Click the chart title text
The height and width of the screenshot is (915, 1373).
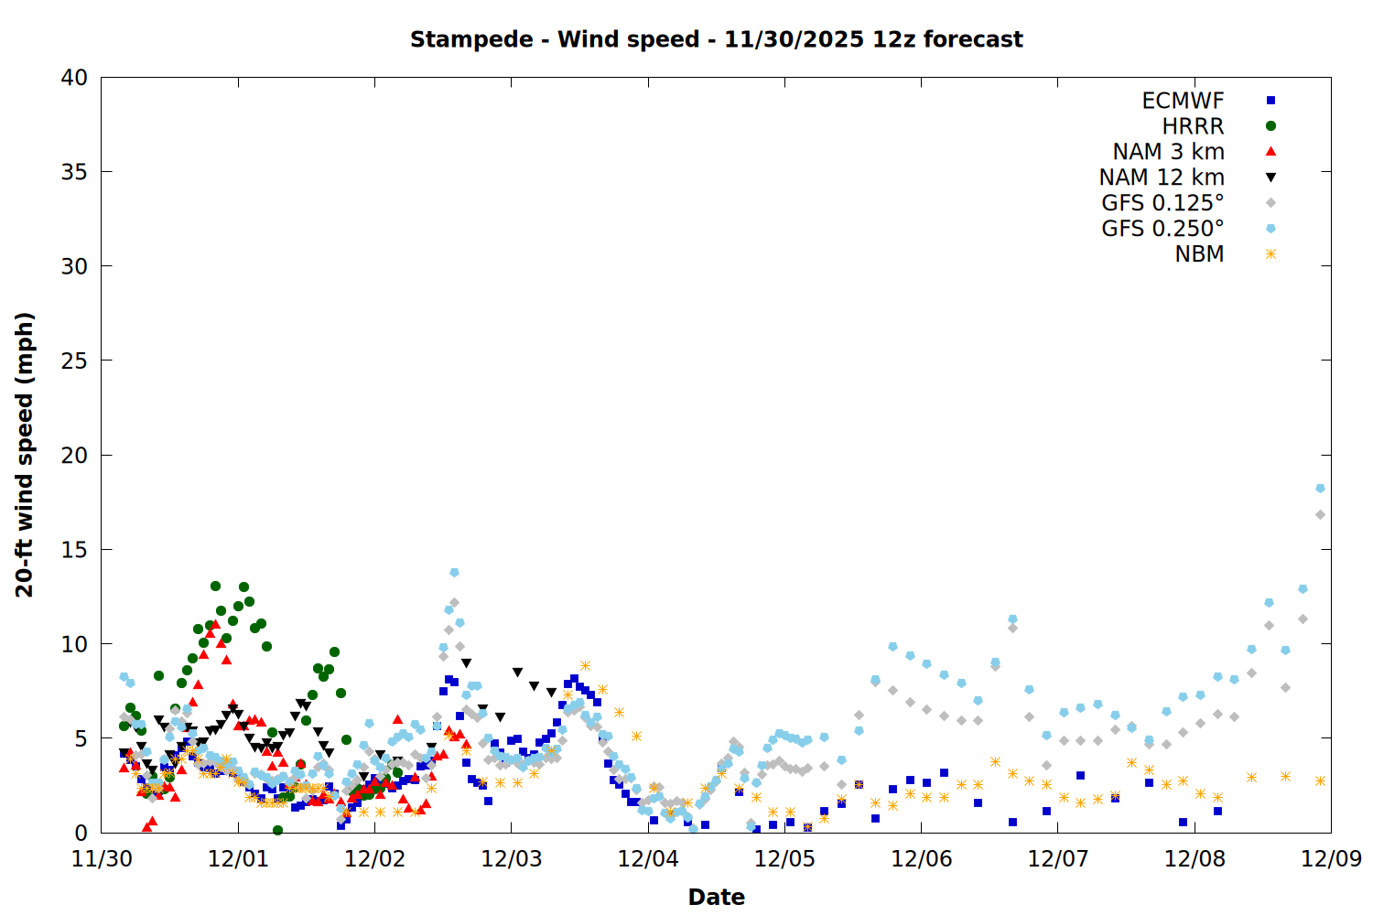[716, 39]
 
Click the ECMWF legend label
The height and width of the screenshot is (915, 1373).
[1183, 101]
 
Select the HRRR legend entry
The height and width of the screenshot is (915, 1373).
[1193, 126]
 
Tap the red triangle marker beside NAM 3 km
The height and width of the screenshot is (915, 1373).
[1270, 152]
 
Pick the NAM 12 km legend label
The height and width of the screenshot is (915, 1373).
[1162, 178]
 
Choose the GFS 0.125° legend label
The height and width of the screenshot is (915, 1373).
[1162, 203]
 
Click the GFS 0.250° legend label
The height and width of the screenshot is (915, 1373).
[1162, 229]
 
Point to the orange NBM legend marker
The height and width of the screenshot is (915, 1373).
[1270, 254]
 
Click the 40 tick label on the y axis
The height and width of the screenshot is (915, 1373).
[74, 78]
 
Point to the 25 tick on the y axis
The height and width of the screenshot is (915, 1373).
[74, 361]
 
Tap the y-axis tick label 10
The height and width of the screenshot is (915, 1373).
[74, 644]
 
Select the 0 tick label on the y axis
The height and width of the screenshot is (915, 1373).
[81, 833]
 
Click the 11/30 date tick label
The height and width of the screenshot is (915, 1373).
[101, 859]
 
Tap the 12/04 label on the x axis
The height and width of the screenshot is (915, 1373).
[648, 859]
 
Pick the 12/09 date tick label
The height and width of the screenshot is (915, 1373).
[1331, 859]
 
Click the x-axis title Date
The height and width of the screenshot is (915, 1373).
[716, 897]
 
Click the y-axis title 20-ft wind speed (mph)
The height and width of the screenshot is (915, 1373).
[25, 455]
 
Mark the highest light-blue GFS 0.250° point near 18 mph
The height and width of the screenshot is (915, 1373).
[1320, 489]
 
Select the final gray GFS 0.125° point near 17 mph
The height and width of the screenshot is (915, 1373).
[1320, 515]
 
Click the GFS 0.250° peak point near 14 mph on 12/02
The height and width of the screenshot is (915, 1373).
[454, 573]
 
